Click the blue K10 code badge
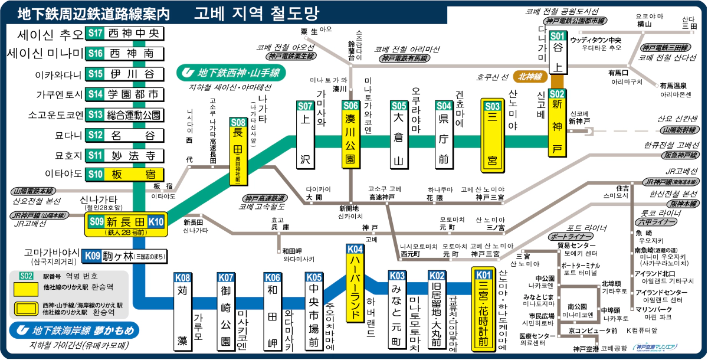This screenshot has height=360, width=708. (156, 222)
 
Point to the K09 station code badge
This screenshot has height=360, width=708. (92, 256)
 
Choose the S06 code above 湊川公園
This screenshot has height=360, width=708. (350, 106)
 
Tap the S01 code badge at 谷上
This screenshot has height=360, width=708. (558, 35)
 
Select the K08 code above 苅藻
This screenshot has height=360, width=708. (183, 277)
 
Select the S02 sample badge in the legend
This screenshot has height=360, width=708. (26, 276)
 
